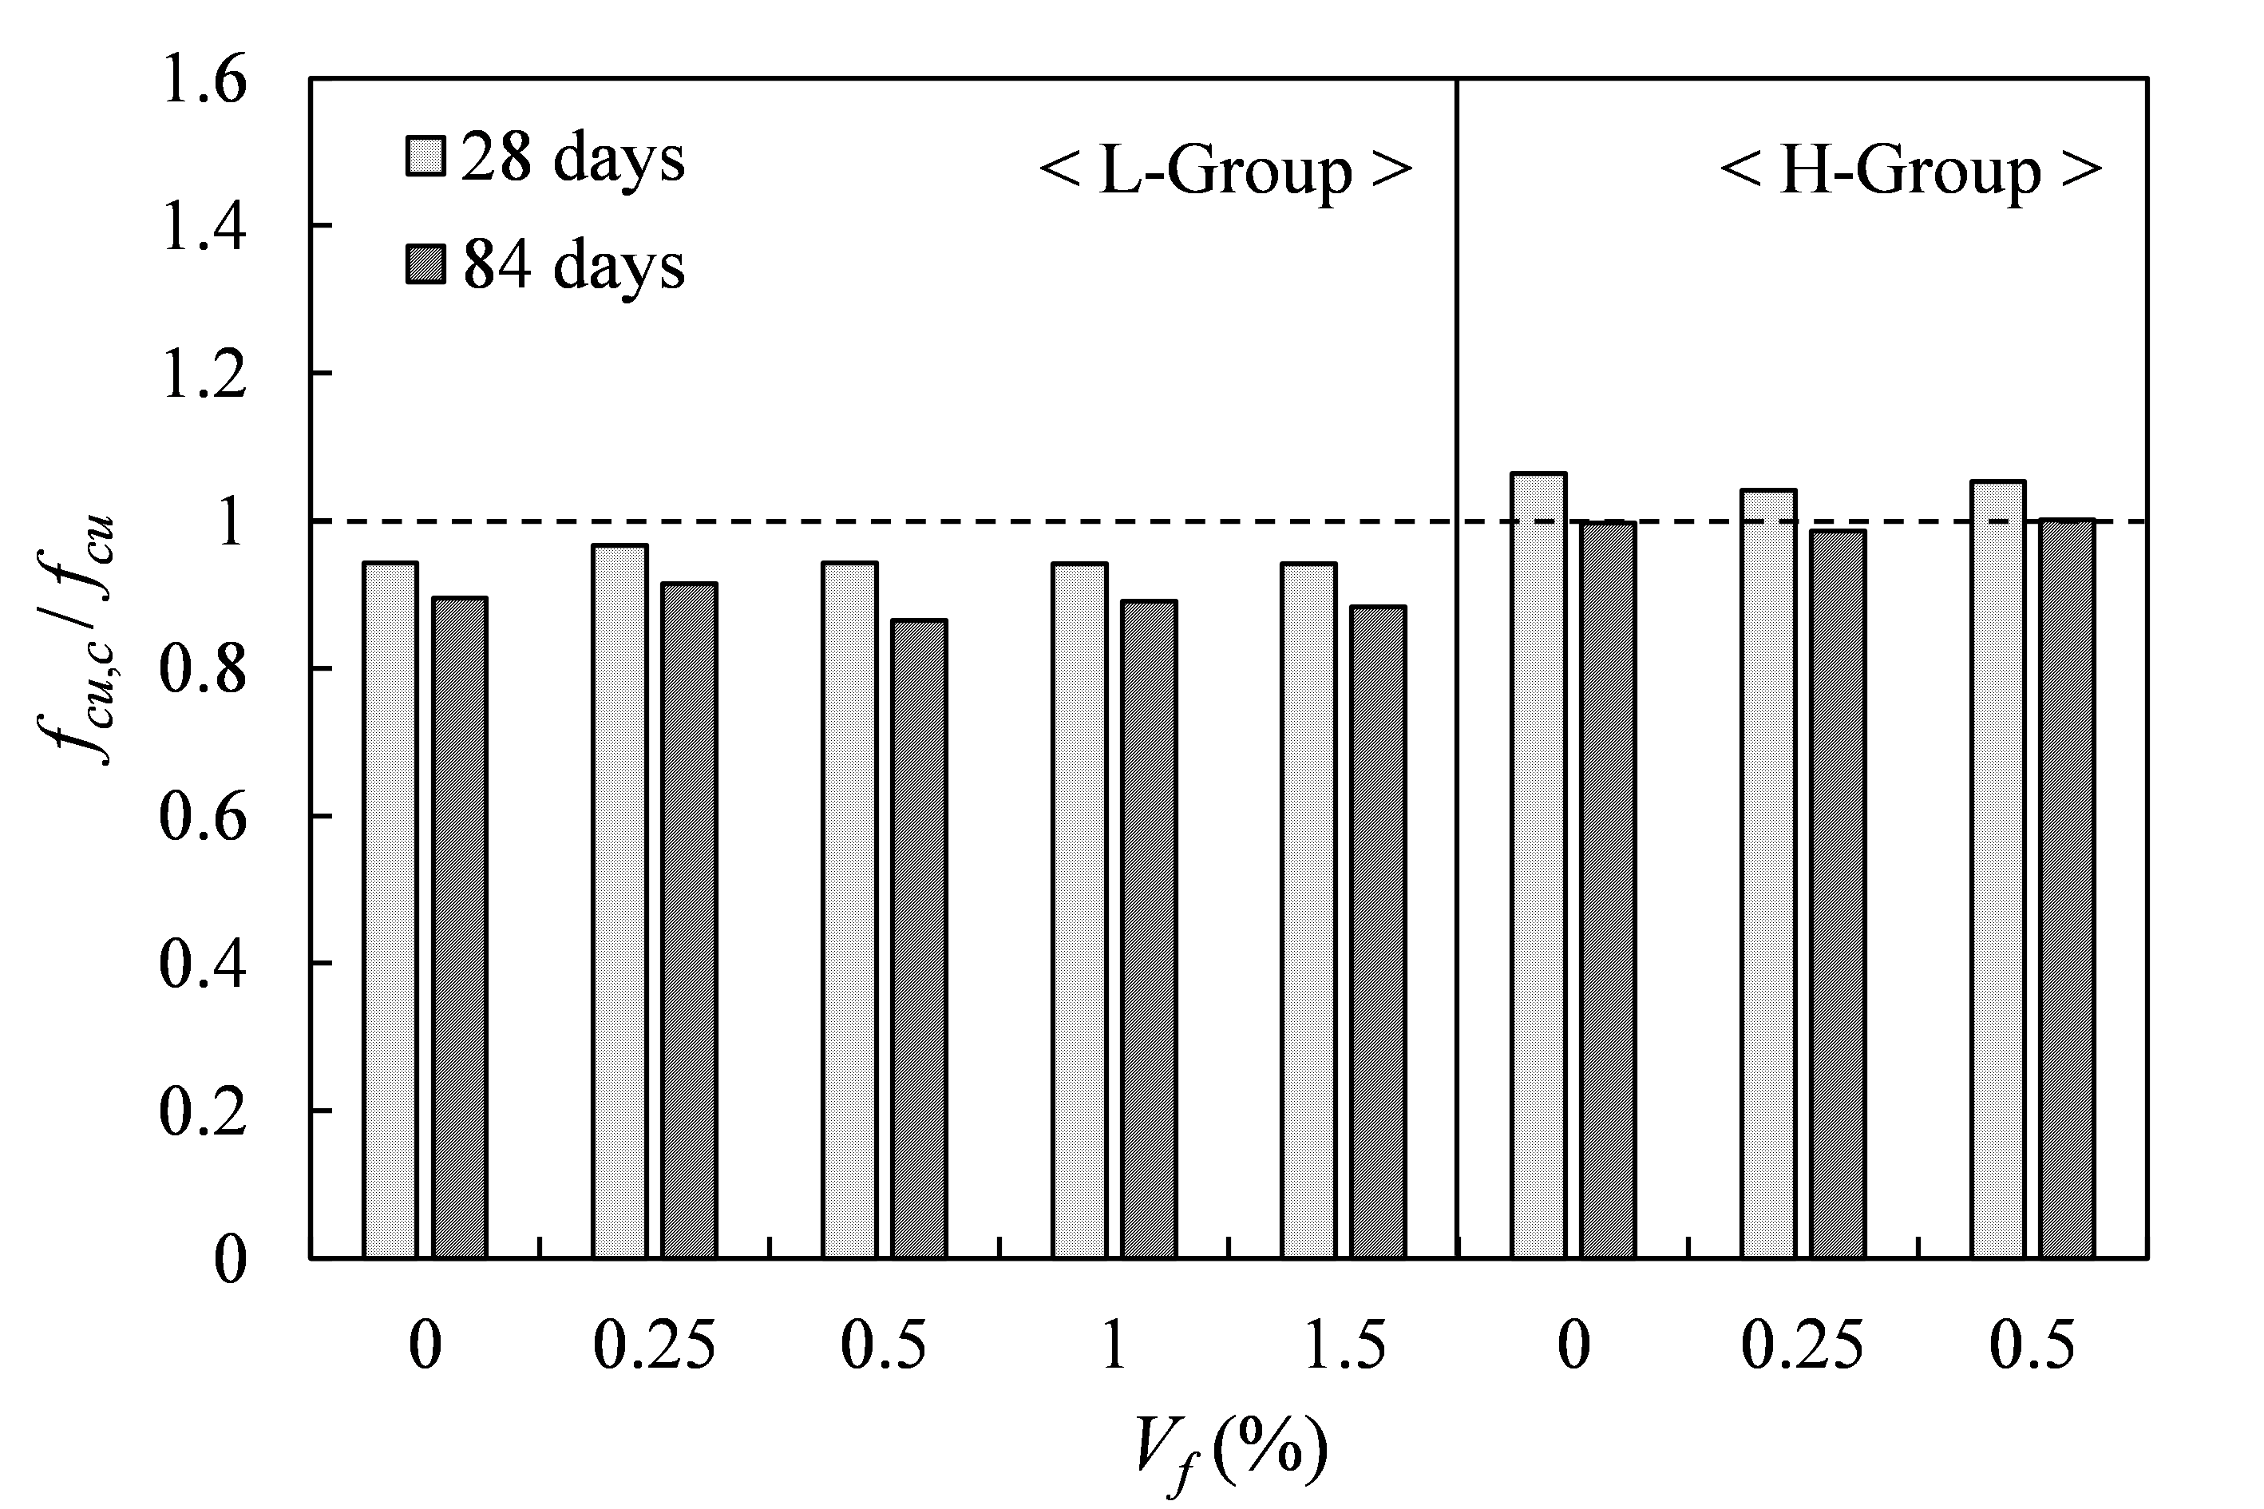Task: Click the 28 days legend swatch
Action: click(425, 156)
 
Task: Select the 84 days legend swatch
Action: click(425, 263)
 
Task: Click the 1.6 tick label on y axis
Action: click(204, 79)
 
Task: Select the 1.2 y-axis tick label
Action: click(204, 374)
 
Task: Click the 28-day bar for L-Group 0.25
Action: click(619, 901)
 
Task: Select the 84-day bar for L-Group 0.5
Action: click(919, 938)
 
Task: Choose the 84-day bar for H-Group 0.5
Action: click(2067, 889)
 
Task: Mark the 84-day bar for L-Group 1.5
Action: click(1378, 932)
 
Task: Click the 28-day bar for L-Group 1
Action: click(1079, 909)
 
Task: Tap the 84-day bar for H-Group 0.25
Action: click(1838, 894)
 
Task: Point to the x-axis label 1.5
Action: click(1344, 1345)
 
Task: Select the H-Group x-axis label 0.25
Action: click(1801, 1345)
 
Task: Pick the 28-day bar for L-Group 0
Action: click(390, 909)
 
